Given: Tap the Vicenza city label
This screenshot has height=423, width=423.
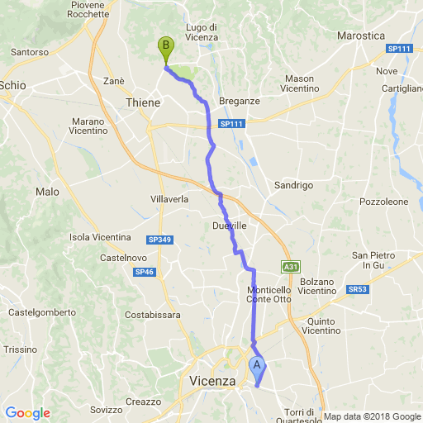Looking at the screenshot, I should click(x=207, y=381).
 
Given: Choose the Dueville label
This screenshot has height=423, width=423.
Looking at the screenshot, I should click(x=230, y=225).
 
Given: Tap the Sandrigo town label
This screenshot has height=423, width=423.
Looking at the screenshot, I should click(x=293, y=185).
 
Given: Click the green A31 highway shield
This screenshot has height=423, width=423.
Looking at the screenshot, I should click(x=290, y=267).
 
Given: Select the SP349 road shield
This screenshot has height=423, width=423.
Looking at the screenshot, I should click(x=136, y=240).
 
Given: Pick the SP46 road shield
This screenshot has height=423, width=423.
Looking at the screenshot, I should click(x=144, y=272).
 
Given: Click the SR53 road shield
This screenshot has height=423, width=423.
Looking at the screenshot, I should click(x=357, y=289).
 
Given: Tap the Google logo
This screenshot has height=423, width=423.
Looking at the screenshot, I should click(x=27, y=413).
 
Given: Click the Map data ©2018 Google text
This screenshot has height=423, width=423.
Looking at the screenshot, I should click(x=371, y=416).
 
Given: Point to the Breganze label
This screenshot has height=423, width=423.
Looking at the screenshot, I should click(x=240, y=101).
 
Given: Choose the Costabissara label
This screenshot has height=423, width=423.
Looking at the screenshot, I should click(x=152, y=315).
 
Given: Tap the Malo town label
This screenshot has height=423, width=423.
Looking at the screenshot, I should click(x=48, y=192).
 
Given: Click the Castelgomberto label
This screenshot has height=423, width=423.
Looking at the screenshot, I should click(x=41, y=312).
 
